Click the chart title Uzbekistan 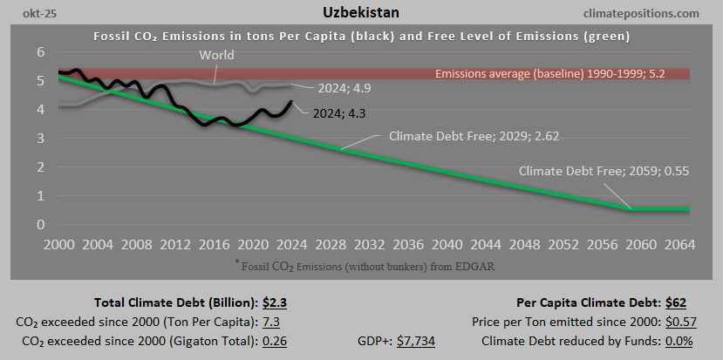click(360, 13)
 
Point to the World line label click(216, 56)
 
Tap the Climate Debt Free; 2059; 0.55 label click(604, 171)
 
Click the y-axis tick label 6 click(40, 52)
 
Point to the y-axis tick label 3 click(40, 139)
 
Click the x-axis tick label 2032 click(364, 245)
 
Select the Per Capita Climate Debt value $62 click(675, 303)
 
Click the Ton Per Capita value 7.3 click(271, 322)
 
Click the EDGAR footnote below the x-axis click(361, 263)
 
